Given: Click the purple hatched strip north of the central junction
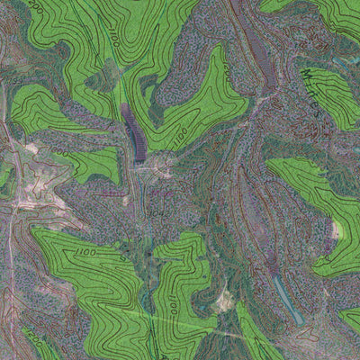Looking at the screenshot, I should click(132, 131).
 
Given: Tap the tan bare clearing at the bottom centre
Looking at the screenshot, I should click(222, 302).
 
